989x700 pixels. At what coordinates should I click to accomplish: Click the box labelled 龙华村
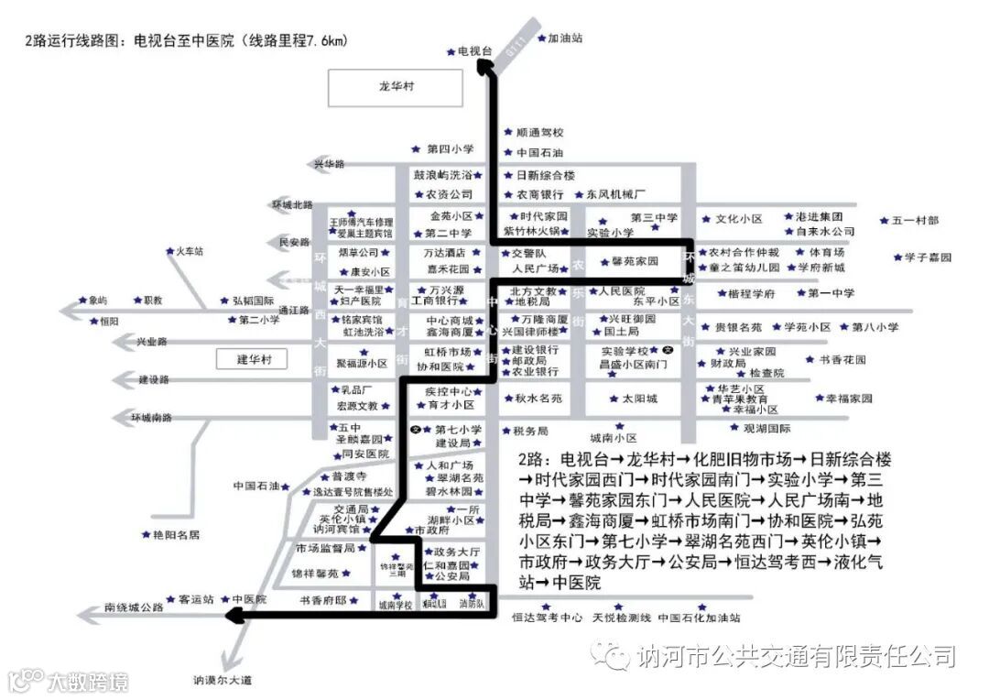[397, 86]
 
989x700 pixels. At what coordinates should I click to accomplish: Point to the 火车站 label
[189, 250]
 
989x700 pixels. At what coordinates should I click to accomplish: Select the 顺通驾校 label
[539, 132]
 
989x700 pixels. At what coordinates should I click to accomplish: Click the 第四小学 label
[450, 148]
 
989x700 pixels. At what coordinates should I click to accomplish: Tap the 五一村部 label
[915, 220]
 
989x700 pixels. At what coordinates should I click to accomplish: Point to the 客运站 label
[195, 599]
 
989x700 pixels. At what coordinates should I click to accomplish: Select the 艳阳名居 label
[176, 534]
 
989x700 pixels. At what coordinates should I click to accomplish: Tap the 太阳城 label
[639, 399]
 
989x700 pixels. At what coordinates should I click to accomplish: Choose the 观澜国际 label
[766, 428]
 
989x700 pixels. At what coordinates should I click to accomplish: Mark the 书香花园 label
[842, 360]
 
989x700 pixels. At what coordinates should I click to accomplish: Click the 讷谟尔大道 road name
[222, 680]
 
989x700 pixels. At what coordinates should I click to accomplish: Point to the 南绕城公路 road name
[134, 607]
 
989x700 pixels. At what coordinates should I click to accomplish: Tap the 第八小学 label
[875, 327]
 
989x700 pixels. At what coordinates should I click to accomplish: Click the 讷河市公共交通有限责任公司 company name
[796, 656]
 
